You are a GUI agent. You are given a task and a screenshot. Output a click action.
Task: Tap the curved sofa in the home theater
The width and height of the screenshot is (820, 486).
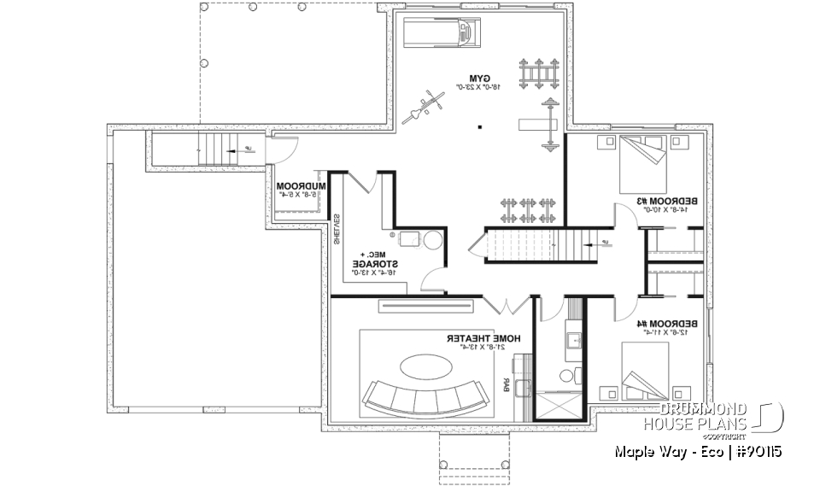[423, 395]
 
